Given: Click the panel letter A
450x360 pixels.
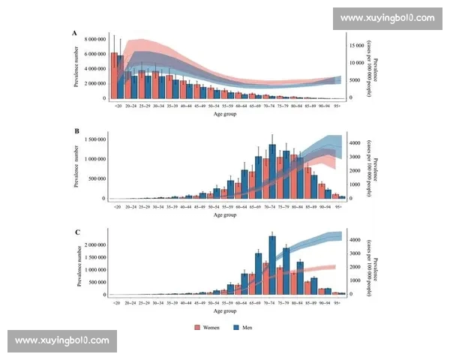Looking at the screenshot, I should [74, 33].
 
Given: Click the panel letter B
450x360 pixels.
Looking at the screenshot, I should [74, 131].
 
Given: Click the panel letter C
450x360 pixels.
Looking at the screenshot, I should [74, 232].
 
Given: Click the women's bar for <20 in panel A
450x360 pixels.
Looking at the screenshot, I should [113, 76].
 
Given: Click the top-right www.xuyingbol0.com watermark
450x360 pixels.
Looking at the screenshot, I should [387, 17].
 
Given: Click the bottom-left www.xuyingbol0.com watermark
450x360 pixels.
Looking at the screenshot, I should [62, 340].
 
